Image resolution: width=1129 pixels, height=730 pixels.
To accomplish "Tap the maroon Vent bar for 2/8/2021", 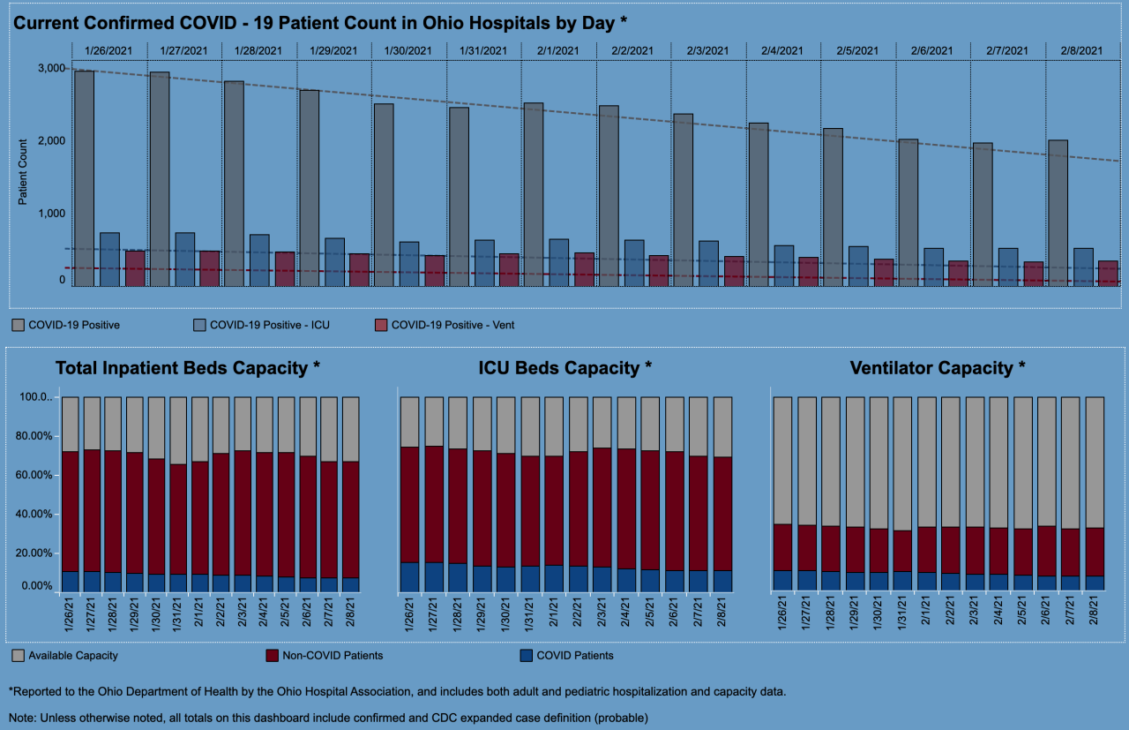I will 1108,274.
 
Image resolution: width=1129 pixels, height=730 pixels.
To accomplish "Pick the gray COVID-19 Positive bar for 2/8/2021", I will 1058,213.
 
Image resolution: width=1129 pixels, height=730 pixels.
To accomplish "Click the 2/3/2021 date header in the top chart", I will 708,51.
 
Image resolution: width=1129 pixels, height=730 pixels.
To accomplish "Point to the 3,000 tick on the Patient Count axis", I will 51,69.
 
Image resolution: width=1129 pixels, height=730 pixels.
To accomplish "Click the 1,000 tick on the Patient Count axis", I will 51,214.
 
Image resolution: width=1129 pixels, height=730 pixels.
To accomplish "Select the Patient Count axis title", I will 23,172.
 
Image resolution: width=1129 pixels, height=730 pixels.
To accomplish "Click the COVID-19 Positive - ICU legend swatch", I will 198,326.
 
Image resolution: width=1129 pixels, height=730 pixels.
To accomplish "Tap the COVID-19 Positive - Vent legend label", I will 452,326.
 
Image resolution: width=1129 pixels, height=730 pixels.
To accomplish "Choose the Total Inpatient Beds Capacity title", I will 188,368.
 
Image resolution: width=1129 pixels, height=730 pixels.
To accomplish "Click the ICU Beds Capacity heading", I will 564,368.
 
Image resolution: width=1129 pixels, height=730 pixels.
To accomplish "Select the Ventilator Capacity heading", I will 938,368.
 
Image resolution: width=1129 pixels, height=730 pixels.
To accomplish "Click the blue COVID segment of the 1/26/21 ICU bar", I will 409,577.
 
